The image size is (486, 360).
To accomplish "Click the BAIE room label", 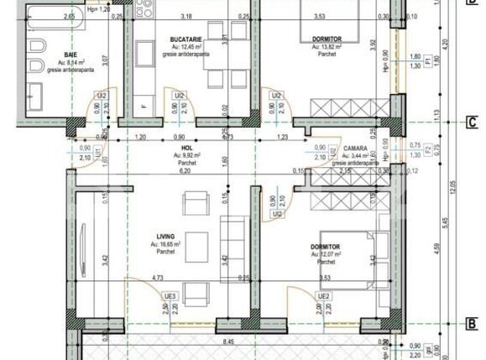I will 59,54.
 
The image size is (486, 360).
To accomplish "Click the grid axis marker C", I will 472,123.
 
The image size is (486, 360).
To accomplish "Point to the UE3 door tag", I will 170,296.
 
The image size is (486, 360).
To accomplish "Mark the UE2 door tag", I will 321,296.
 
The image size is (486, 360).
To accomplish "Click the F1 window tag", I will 427,61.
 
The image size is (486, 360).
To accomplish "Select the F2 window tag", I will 427,149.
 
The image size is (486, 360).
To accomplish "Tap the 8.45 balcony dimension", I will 227,342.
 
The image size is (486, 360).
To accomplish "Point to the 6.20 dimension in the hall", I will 176,170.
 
